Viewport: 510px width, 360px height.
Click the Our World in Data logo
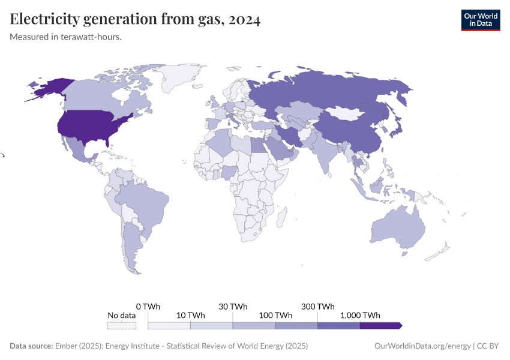(480, 20)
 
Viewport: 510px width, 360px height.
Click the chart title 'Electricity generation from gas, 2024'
(135, 20)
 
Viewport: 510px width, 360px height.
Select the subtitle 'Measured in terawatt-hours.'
(66, 37)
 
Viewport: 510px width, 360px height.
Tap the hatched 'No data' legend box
(122, 325)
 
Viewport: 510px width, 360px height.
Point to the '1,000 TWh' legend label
(360, 315)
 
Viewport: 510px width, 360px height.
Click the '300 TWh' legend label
(317, 306)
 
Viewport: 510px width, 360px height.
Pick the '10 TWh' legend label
(190, 315)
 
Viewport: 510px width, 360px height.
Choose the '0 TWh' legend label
(148, 306)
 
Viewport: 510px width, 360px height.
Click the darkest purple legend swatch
(380, 325)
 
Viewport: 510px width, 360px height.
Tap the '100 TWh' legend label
(275, 315)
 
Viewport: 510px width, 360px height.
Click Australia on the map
(397, 228)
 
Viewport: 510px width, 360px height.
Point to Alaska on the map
(48, 88)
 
